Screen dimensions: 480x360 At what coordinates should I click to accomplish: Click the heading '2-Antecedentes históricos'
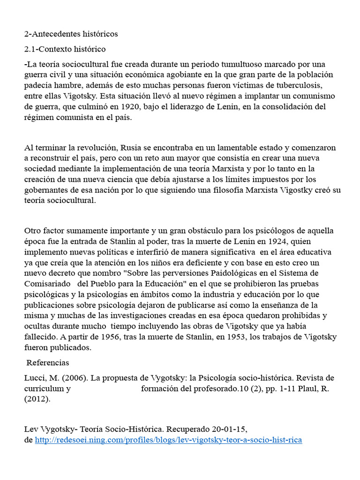[x=71, y=34]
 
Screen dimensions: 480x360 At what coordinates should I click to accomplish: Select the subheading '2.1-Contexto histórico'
[x=65, y=49]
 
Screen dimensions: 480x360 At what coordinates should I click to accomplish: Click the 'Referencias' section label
[x=48, y=363]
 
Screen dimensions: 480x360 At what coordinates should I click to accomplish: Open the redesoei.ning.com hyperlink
[x=169, y=440]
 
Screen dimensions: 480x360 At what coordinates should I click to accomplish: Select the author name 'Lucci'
[x=34, y=378]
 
